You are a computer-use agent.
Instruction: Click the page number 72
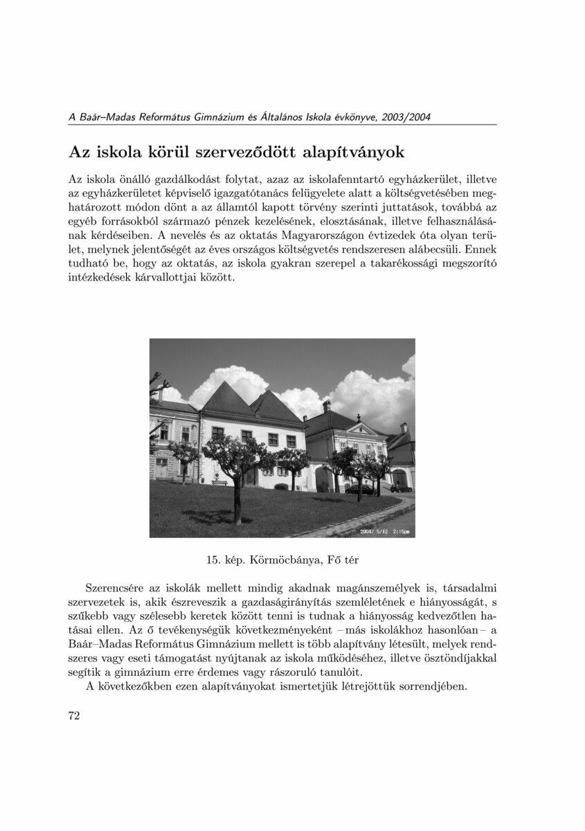click(x=74, y=715)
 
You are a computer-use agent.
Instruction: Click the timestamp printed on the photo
click(x=384, y=531)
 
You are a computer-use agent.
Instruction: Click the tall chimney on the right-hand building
click(x=326, y=406)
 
